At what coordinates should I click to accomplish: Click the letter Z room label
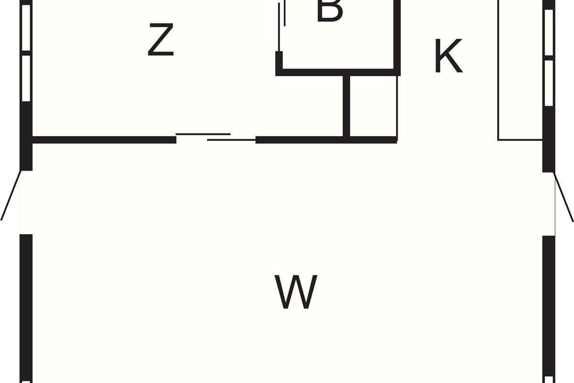160,41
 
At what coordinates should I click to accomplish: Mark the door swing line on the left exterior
11,195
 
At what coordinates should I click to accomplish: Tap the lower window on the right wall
549,82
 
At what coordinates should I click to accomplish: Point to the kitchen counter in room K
520,72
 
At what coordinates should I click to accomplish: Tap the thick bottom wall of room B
337,72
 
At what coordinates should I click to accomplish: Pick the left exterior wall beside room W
26,306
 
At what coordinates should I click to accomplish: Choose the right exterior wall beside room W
549,306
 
